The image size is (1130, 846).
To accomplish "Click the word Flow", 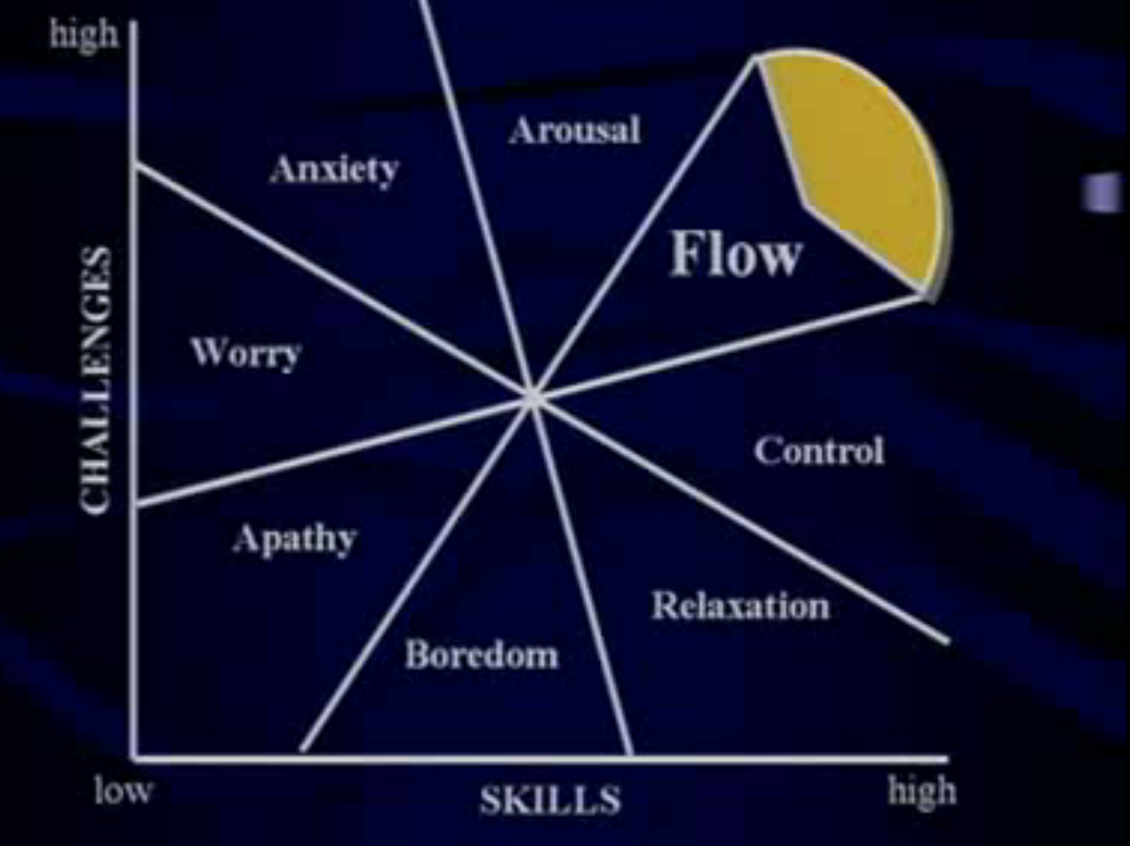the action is click(x=735, y=254).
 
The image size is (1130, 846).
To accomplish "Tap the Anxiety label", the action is click(x=334, y=170).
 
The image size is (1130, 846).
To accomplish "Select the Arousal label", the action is click(x=574, y=130).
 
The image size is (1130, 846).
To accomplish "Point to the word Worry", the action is click(x=246, y=353).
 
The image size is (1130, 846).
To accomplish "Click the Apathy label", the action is click(x=295, y=539).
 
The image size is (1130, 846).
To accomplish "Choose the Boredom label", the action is click(x=482, y=654).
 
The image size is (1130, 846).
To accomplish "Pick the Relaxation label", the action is click(x=740, y=606).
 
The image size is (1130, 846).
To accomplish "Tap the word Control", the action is click(x=819, y=450).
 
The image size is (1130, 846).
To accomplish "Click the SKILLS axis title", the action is click(x=550, y=801).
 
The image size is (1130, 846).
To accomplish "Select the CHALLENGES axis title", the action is click(x=96, y=380).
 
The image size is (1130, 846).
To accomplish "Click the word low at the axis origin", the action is click(x=123, y=790).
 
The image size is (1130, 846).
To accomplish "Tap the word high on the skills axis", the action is click(x=922, y=791).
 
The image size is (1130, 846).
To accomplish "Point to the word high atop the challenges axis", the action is click(x=84, y=33).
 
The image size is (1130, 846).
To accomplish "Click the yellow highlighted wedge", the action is click(x=869, y=163).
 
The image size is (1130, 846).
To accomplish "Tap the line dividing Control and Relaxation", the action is click(x=742, y=520).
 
